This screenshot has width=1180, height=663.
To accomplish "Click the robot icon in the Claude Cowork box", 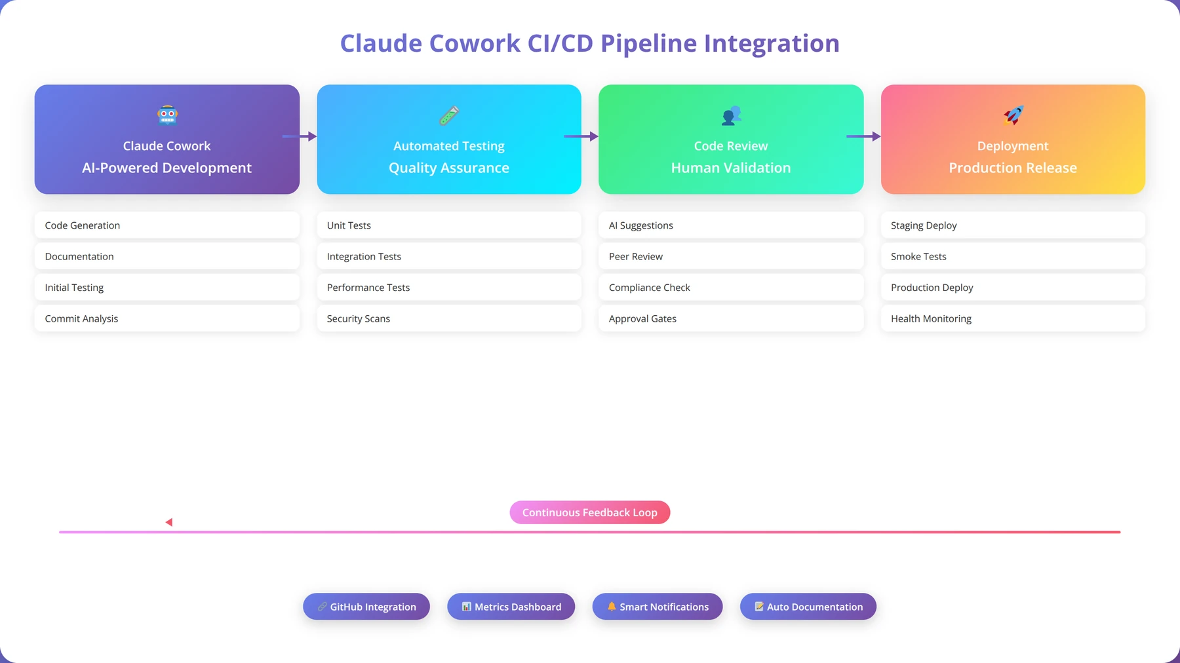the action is pyautogui.click(x=167, y=115).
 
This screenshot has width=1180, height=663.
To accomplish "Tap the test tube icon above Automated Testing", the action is pyautogui.click(x=449, y=115).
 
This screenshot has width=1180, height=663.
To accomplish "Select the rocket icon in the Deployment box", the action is pyautogui.click(x=1013, y=115).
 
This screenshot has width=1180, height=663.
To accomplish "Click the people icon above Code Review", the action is pyautogui.click(x=731, y=115).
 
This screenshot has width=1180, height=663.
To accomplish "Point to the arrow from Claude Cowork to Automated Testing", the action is pyautogui.click(x=300, y=136).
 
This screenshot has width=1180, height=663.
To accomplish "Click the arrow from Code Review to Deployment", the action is pyautogui.click(x=863, y=136).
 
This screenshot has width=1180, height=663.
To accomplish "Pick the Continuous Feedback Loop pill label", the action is pyautogui.click(x=590, y=512).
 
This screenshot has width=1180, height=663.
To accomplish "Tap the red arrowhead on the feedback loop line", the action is pyautogui.click(x=169, y=522).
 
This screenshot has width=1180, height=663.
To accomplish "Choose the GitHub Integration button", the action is pyautogui.click(x=366, y=607).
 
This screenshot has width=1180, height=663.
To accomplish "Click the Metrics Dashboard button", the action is pyautogui.click(x=511, y=607).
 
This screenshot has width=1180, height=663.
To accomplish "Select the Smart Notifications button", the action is pyautogui.click(x=658, y=607).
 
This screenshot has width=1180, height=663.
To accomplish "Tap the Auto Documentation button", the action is pyautogui.click(x=808, y=607).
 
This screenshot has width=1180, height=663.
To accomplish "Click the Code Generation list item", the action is pyautogui.click(x=167, y=225).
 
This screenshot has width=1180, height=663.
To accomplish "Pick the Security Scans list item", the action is pyautogui.click(x=449, y=318).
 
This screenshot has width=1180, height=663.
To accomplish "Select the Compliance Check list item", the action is pyautogui.click(x=731, y=288).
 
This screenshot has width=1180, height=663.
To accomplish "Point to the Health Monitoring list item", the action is pyautogui.click(x=1013, y=318).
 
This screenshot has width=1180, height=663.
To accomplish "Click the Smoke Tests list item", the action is pyautogui.click(x=1013, y=256).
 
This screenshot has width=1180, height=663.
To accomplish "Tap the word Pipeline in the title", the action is pyautogui.click(x=649, y=44).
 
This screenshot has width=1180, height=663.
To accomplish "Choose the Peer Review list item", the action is pyautogui.click(x=731, y=256).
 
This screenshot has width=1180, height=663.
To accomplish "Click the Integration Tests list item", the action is pyautogui.click(x=449, y=256).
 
